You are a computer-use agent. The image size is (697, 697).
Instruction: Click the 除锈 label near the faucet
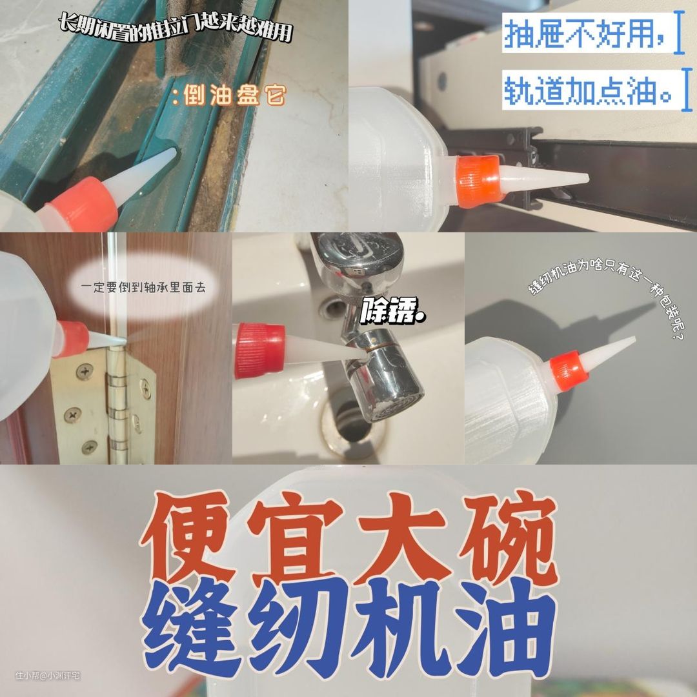392,310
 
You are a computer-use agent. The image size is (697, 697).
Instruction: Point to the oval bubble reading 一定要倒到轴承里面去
143,287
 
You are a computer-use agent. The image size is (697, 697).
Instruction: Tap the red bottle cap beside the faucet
259,350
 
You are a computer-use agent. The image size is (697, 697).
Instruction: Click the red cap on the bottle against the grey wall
569,370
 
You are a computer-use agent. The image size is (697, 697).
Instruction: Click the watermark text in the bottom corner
48,675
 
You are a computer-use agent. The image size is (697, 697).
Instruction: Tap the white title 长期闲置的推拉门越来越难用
176,28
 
